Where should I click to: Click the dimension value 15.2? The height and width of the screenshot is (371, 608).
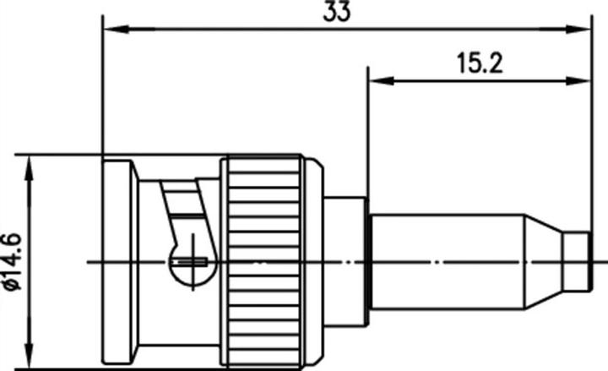point(480,63)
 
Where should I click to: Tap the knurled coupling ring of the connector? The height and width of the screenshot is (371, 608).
point(263,262)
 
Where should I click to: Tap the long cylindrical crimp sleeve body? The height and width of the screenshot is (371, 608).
point(448,262)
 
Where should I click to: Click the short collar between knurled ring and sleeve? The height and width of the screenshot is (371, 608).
point(345,262)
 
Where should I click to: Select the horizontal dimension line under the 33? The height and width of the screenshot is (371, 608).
point(253,30)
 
